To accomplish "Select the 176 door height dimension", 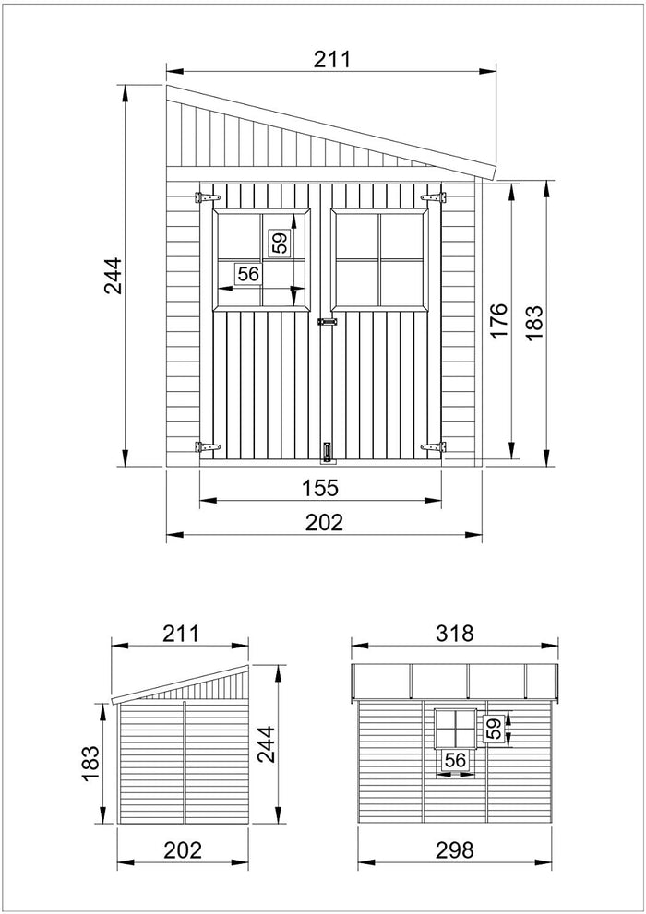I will pyautogui.click(x=498, y=321).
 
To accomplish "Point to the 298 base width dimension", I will pyautogui.click(x=455, y=849).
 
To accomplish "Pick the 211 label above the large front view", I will pyautogui.click(x=331, y=60).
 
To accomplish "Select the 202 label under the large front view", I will pyautogui.click(x=324, y=522).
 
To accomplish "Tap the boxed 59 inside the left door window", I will pyautogui.click(x=280, y=243).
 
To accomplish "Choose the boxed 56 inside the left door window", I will pyautogui.click(x=247, y=274).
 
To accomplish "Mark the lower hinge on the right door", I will pyautogui.click(x=433, y=447).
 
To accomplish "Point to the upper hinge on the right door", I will pyautogui.click(x=433, y=197).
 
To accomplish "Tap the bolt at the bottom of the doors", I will pyautogui.click(x=326, y=451).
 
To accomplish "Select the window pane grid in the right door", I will pyautogui.click(x=379, y=260).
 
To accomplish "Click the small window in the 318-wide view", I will pyautogui.click(x=455, y=729).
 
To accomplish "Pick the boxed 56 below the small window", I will pyautogui.click(x=454, y=760).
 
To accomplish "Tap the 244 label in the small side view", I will pyautogui.click(x=265, y=741).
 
